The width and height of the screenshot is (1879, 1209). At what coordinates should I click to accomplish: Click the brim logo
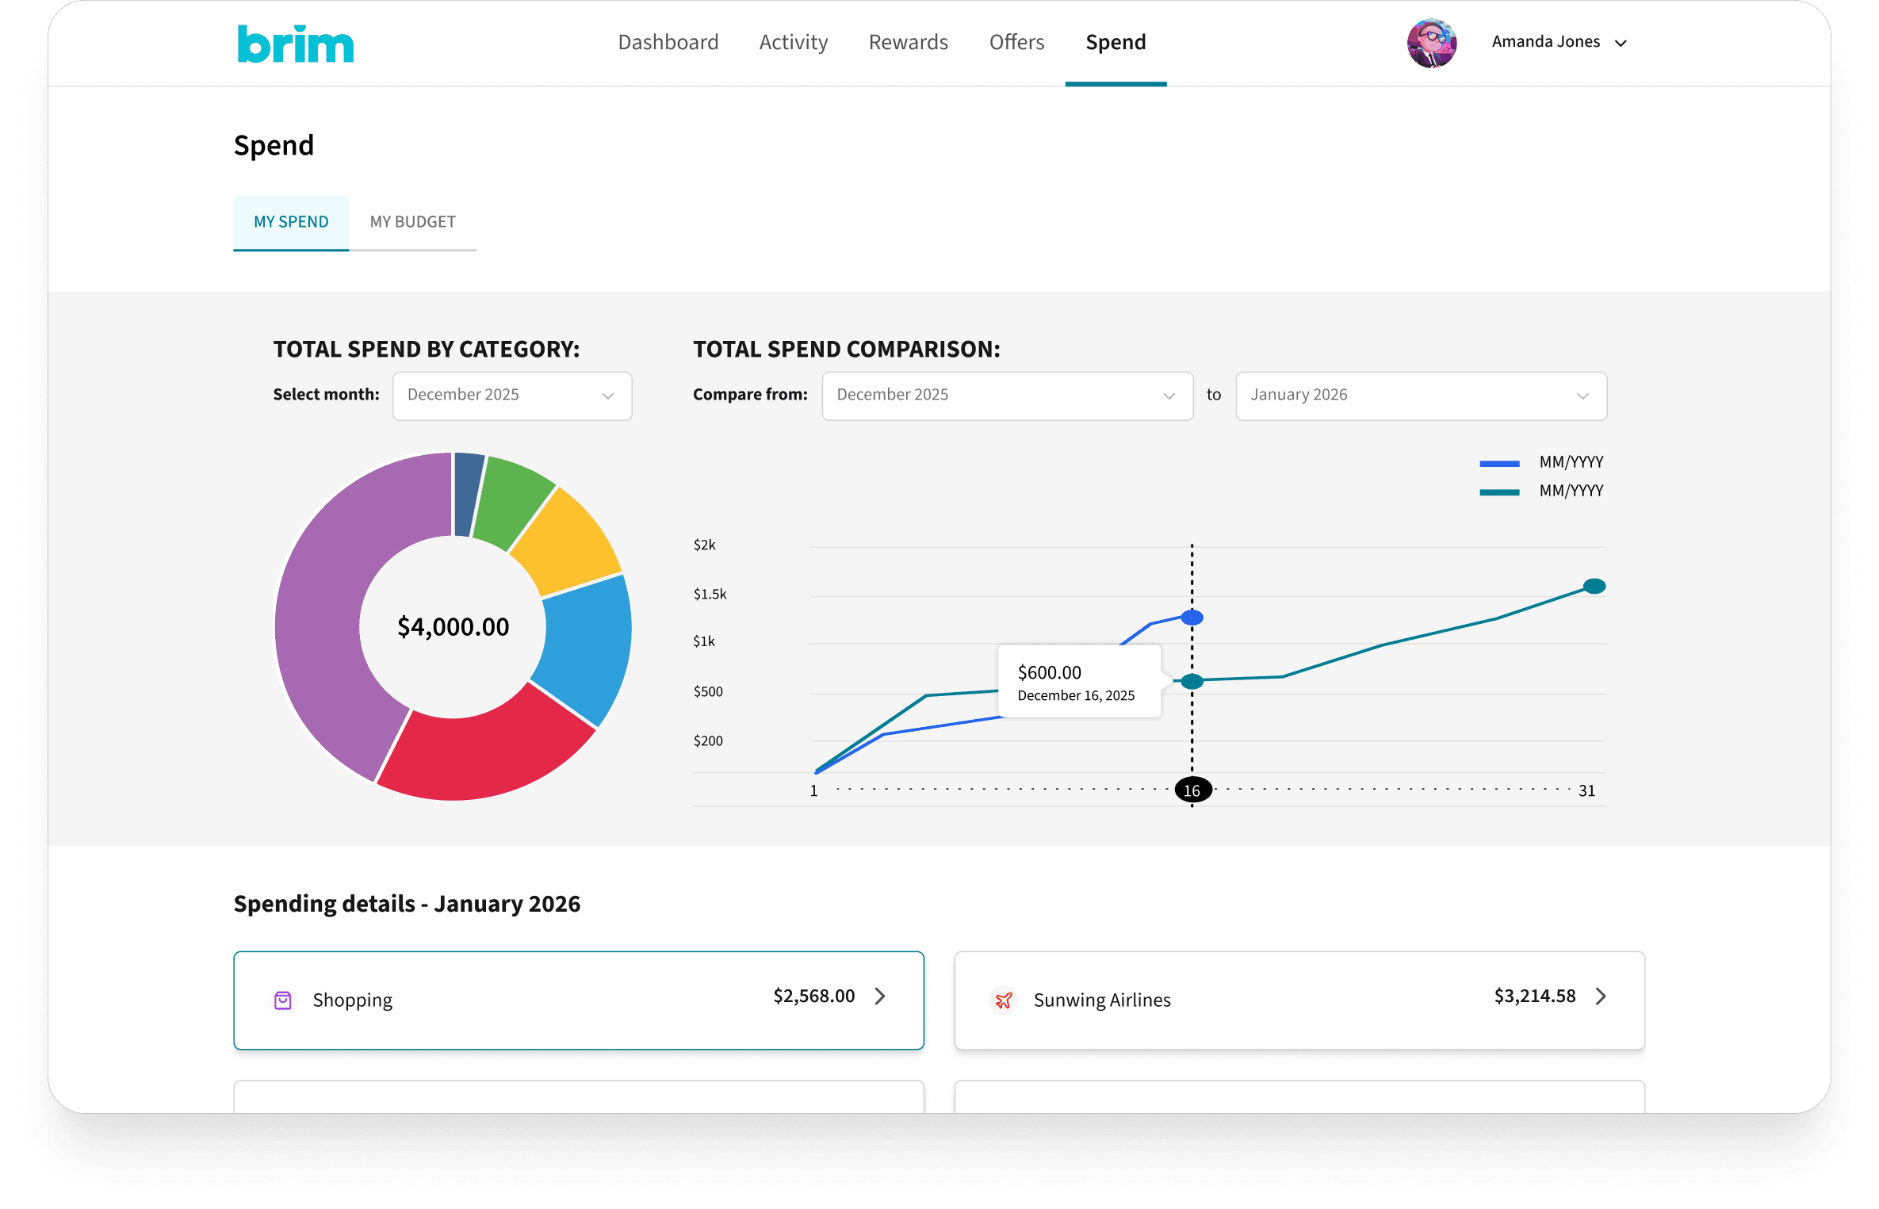coord(295,44)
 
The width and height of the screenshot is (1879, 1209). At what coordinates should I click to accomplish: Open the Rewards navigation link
coord(908,42)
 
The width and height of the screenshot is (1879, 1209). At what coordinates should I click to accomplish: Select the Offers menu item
coord(1016,42)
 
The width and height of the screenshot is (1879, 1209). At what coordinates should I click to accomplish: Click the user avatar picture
coord(1431,43)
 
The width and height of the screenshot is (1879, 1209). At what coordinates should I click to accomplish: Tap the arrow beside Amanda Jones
coord(1621,44)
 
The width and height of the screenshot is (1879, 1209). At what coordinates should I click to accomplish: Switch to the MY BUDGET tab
coord(412,222)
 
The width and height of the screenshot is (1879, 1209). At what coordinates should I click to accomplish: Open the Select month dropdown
coord(512,396)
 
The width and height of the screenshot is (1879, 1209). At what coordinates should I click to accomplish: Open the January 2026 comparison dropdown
coord(1420,396)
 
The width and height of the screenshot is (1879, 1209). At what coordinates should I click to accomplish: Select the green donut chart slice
coord(514,499)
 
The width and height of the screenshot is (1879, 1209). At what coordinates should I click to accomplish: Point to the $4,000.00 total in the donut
coord(453,627)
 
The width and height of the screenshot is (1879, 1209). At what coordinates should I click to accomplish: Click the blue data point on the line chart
coord(1192,618)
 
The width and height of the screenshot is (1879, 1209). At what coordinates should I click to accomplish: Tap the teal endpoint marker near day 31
coord(1594,587)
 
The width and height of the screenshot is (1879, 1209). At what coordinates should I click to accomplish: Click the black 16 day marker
coord(1192,790)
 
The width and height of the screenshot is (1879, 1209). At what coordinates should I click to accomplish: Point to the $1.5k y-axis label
coord(710,595)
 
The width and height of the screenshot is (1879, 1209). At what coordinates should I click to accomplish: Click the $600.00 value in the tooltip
coord(1049,673)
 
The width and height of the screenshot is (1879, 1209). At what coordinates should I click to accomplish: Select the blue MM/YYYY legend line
coord(1499,464)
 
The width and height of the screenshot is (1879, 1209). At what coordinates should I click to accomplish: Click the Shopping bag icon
coord(283,1000)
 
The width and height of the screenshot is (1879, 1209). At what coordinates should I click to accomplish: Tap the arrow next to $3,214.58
coord(1601,997)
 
